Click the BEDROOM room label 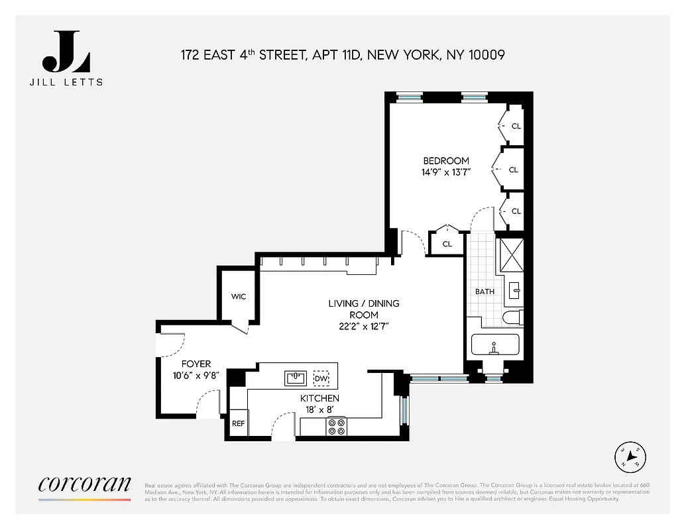coord(446,161)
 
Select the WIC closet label coord(239,296)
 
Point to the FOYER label coord(196,364)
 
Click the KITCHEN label coord(319,398)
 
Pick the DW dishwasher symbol coord(321,378)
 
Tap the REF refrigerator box coord(238,424)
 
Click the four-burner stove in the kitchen coord(336,426)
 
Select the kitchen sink coord(295,378)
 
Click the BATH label coord(485,291)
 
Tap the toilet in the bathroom coord(512,318)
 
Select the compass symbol coord(632,456)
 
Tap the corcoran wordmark coord(85,484)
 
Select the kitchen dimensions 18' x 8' coord(319,409)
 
